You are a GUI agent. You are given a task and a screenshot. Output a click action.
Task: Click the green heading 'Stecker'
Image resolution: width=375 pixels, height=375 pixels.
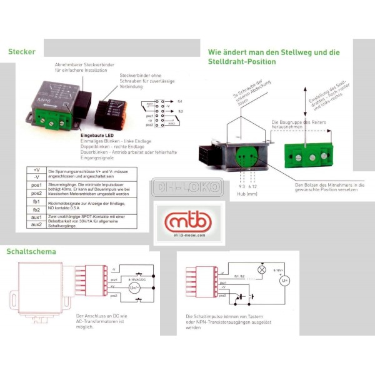click(22, 52)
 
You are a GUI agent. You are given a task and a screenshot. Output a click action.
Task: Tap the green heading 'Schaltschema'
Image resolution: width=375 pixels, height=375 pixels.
click(31, 252)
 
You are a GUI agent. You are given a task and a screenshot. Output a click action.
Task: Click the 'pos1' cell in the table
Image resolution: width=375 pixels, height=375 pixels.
click(37, 185)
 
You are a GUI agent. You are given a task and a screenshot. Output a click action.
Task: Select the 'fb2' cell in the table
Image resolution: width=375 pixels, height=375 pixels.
click(37, 209)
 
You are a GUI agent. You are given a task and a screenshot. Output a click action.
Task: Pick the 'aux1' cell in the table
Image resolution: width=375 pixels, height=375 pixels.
click(37, 217)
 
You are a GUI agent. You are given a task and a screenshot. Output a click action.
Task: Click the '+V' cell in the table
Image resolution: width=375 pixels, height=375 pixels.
click(37, 169)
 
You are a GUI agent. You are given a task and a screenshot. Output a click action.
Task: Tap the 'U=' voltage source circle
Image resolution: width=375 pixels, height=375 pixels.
click(284, 281)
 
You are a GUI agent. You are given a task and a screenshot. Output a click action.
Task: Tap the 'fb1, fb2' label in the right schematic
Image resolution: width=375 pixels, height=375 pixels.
click(238, 275)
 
